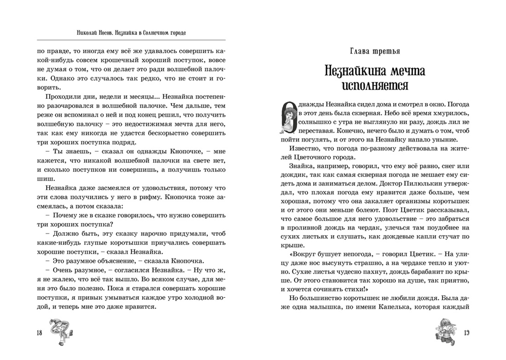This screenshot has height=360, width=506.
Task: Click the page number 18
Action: tap(38, 332)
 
